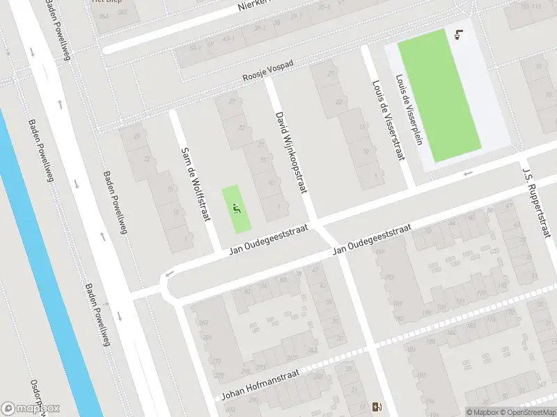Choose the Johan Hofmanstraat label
click(x=262, y=384)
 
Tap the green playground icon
click(x=237, y=207)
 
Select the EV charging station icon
click(x=378, y=407)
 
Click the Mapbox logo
click(x=31, y=409)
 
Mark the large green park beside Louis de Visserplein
click(x=439, y=95)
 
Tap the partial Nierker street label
click(x=252, y=6)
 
